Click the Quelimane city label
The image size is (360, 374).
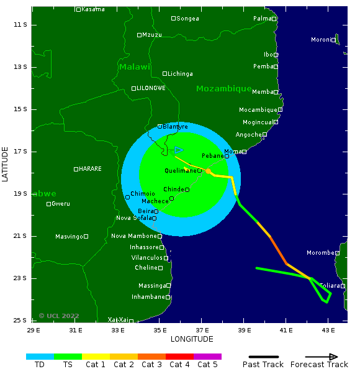(x=181, y=170)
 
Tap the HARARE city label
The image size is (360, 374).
(x=90, y=169)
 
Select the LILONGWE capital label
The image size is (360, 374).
(x=151, y=88)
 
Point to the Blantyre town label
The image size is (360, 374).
(x=175, y=127)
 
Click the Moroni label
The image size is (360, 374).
(x=321, y=40)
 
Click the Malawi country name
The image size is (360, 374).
(x=135, y=67)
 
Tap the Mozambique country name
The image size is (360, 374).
(x=223, y=89)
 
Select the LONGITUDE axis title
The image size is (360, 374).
(x=192, y=339)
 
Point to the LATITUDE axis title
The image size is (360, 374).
(x=6, y=164)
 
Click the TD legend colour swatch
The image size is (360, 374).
(x=40, y=357)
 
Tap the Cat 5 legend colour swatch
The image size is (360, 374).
(x=207, y=357)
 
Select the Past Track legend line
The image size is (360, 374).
(x=263, y=357)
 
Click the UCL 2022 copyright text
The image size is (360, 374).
(x=59, y=316)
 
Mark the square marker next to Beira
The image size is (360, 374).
(x=156, y=211)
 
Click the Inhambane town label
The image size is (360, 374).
(x=148, y=297)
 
